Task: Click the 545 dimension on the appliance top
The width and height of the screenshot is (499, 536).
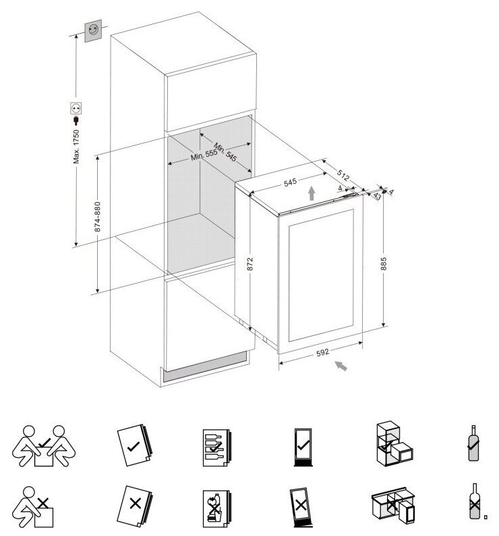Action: pyautogui.click(x=290, y=182)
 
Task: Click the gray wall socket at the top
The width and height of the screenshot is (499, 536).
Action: pyautogui.click(x=92, y=31)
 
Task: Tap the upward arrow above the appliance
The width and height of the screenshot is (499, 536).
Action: pyautogui.click(x=310, y=193)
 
